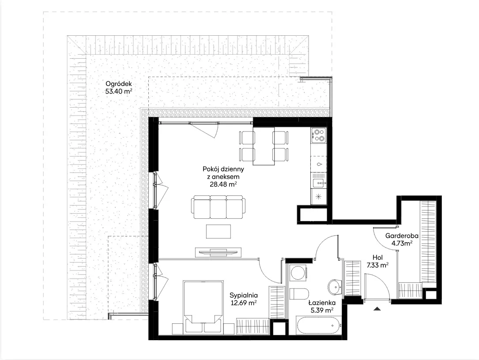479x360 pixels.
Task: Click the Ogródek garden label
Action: click(118, 84)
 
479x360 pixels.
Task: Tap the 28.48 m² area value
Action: click(223, 184)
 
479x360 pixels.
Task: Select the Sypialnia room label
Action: click(243, 295)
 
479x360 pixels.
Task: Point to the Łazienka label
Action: click(322, 303)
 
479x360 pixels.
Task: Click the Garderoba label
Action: click(402, 236)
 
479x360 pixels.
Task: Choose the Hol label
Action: click(377, 257)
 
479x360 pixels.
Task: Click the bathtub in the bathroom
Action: click(319, 326)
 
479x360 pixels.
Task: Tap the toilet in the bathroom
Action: click(299, 294)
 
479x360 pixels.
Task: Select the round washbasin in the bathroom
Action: click(336, 287)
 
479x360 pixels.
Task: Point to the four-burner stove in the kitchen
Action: click(319, 135)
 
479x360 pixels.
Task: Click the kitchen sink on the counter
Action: click(319, 180)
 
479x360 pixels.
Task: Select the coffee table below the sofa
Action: click(218, 232)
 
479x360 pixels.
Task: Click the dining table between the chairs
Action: click(264, 146)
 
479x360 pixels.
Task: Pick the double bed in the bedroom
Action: click(203, 307)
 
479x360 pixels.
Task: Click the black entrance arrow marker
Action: click(377, 308)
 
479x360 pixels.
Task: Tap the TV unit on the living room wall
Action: click(218, 252)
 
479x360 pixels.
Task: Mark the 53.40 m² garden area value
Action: click(118, 91)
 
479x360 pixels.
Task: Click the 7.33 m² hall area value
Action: click(377, 265)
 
